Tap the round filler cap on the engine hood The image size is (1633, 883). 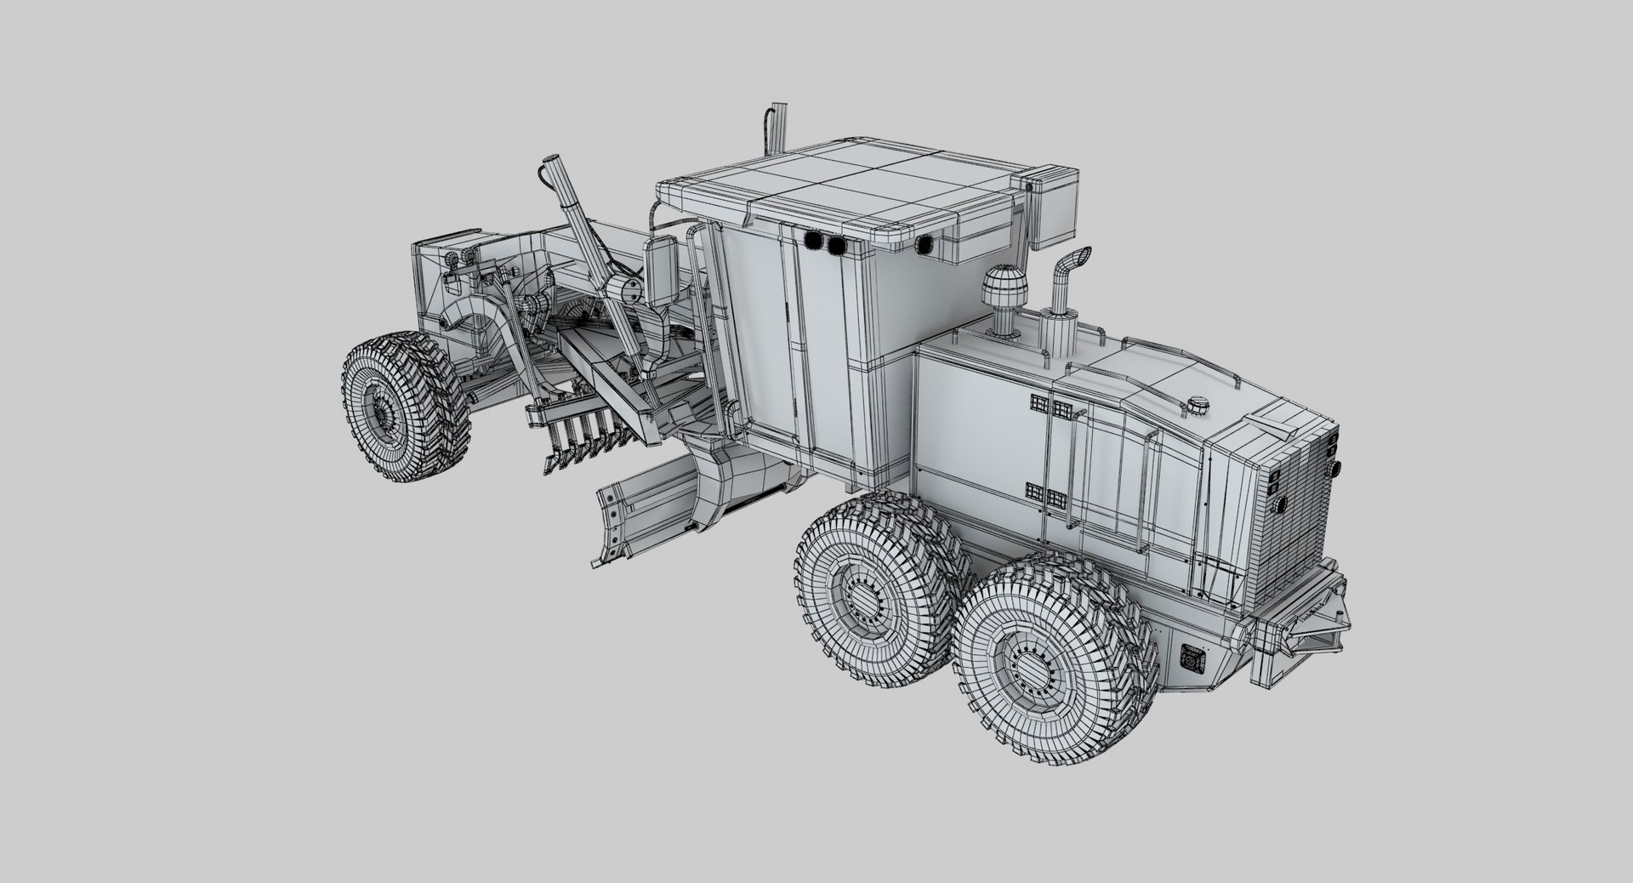coord(1198,404)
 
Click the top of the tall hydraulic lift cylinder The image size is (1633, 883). coord(551,166)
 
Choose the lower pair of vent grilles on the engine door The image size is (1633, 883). coord(1045,493)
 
